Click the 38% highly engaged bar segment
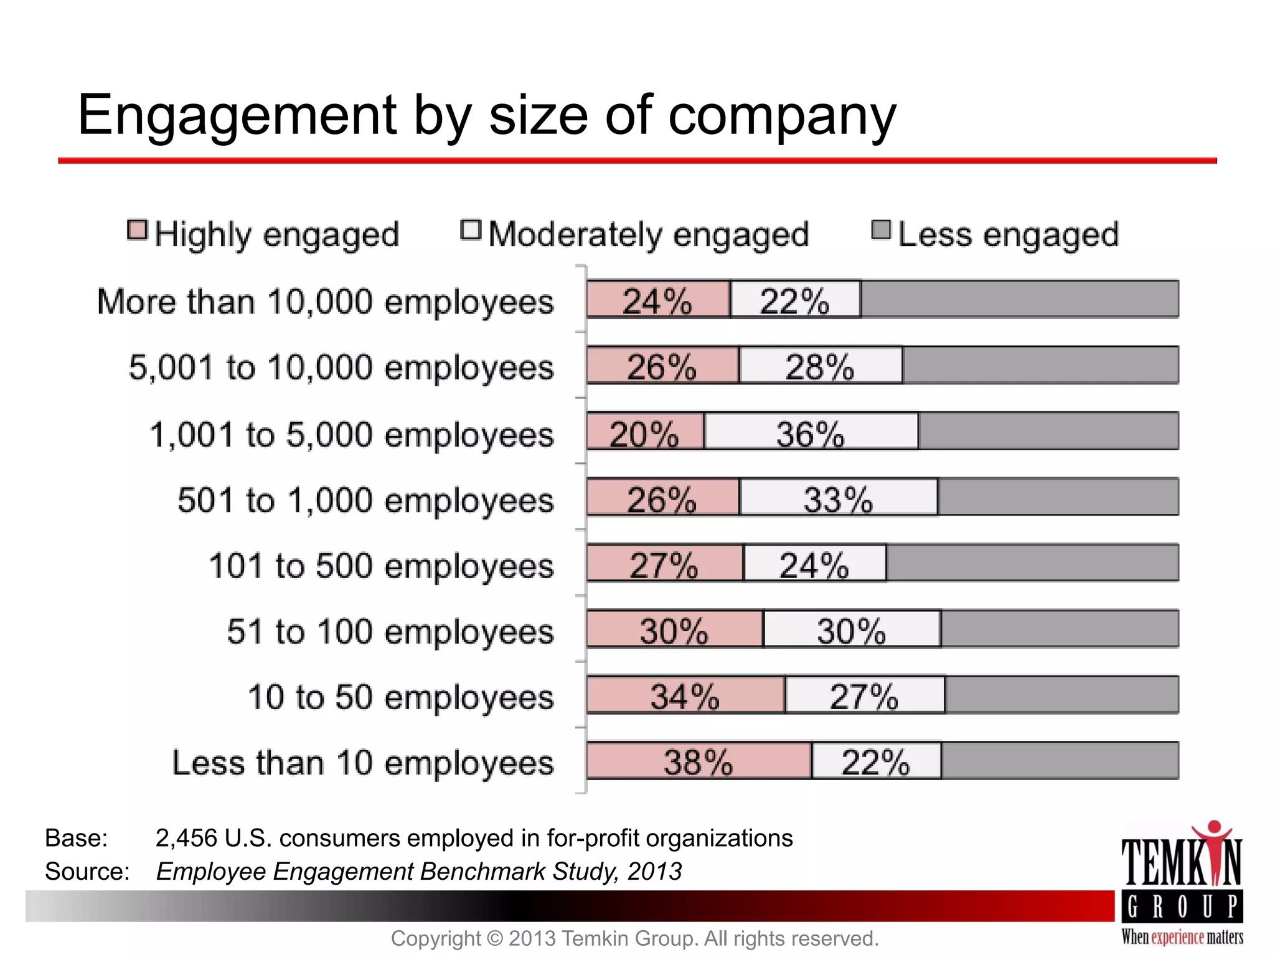coord(699,761)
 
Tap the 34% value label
coord(685,696)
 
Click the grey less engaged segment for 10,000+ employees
coord(1020,300)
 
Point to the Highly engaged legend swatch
coord(137,231)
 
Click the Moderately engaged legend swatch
coord(471,231)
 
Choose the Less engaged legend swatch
coord(881,231)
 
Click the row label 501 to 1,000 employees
coord(365,500)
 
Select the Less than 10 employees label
coord(362,763)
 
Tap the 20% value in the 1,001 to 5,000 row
coord(643,434)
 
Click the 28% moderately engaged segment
coord(820,366)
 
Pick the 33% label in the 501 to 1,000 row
coord(838,499)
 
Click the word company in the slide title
coord(782,116)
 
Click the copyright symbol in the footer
coord(494,938)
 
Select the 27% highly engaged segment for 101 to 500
coord(664,564)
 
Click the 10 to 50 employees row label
coord(400,697)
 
